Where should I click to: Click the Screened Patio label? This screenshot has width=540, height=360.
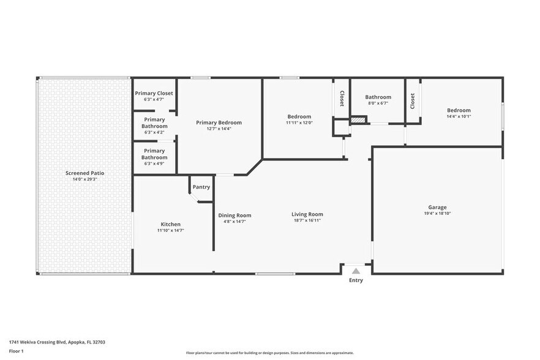(x=85, y=173)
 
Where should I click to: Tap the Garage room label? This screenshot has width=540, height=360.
(x=437, y=207)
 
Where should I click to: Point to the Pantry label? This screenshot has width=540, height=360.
(x=201, y=187)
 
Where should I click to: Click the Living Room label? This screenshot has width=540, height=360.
(x=307, y=214)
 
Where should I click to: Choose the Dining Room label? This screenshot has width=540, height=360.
(x=234, y=215)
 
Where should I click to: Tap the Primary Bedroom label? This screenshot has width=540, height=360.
(x=219, y=122)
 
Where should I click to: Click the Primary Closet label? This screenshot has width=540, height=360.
(x=154, y=93)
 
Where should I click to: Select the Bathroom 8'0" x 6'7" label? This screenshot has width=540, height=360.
(x=378, y=97)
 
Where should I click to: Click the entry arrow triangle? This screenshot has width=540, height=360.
(x=356, y=271)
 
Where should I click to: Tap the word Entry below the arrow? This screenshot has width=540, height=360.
(x=356, y=280)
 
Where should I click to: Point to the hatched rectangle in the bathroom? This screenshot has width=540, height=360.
(x=358, y=121)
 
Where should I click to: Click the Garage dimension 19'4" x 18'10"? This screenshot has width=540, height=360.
(x=437, y=214)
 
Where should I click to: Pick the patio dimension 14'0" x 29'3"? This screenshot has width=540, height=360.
(x=85, y=179)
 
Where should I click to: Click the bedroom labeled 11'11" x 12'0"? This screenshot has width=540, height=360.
(x=299, y=116)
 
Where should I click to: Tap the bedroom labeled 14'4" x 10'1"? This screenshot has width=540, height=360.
(x=458, y=110)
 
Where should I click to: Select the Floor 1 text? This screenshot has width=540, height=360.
(x=16, y=351)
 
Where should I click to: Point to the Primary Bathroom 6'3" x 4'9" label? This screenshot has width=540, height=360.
(x=154, y=154)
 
